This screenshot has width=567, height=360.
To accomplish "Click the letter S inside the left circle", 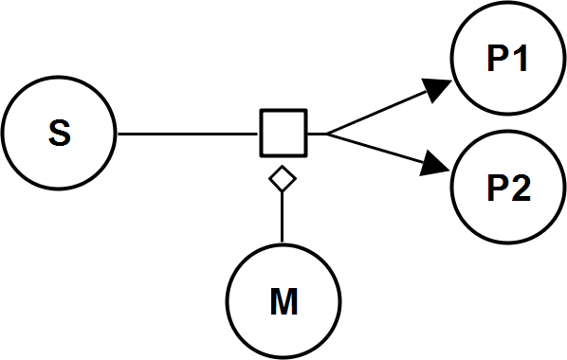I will (x=59, y=135).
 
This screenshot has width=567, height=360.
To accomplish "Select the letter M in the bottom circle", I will (x=283, y=304).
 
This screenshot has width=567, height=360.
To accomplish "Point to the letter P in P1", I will (x=499, y=59).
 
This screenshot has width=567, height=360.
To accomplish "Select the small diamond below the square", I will (x=283, y=177).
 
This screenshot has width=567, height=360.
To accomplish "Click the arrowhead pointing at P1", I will (x=437, y=90).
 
